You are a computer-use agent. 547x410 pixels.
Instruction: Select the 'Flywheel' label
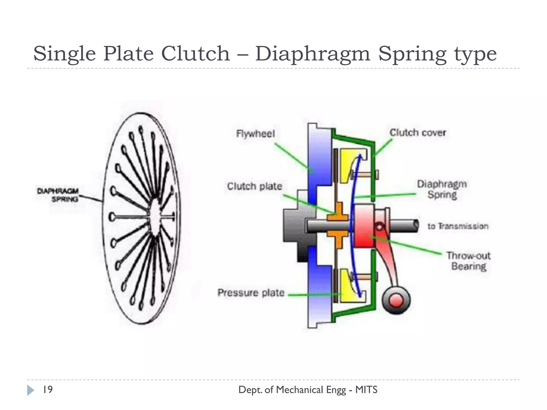[255, 133]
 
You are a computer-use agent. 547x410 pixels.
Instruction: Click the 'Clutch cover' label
[418, 133]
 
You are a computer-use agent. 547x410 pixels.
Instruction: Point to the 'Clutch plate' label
[255, 186]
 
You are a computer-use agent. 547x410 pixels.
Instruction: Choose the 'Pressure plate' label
[251, 293]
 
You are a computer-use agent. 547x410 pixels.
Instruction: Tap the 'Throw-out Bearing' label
[468, 261]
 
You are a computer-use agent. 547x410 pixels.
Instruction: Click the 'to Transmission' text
[458, 226]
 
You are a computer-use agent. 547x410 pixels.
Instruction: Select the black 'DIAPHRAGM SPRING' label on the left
[58, 195]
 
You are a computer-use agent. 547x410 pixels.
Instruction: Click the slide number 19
[48, 390]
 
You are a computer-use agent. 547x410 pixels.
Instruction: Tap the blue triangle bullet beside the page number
[30, 390]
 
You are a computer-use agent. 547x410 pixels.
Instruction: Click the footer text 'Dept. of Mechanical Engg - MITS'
[308, 390]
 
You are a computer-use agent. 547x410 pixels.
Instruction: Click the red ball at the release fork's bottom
[396, 300]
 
